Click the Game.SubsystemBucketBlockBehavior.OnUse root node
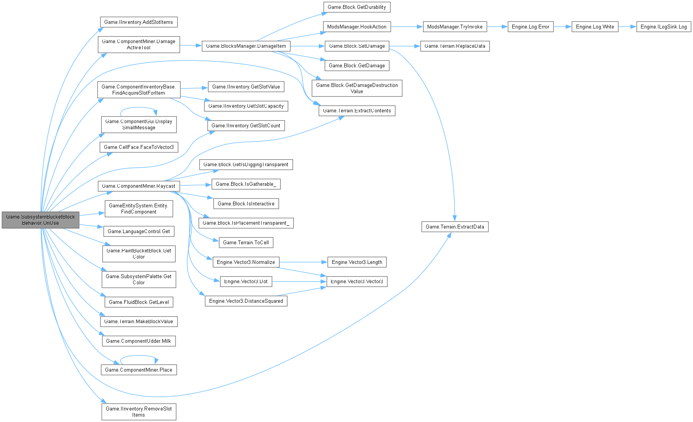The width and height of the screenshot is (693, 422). point(40,220)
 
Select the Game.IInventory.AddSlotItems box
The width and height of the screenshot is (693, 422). point(138,22)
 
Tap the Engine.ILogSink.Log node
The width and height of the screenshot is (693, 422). point(663,27)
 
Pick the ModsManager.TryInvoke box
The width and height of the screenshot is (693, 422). point(455,27)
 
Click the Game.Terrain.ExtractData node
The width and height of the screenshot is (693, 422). point(455,227)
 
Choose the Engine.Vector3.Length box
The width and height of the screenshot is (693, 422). point(357,262)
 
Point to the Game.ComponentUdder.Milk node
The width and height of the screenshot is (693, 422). point(138,341)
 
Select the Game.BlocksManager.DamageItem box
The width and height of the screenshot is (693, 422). point(246,46)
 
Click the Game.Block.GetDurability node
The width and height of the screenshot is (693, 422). point(356,7)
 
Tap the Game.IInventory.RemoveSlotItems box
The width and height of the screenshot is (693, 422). point(138,412)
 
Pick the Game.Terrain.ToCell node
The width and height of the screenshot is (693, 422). point(246,242)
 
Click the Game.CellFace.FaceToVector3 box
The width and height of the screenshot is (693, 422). point(138,147)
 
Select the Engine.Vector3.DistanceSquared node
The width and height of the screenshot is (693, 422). point(246,301)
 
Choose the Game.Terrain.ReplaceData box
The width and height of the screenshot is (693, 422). point(455,46)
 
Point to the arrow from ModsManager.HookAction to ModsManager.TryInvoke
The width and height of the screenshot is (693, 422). point(406,27)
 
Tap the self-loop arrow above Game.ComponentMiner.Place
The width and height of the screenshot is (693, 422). point(138,356)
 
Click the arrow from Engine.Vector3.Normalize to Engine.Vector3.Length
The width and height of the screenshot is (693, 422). point(303,262)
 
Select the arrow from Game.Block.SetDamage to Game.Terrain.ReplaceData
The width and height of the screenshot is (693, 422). point(405,46)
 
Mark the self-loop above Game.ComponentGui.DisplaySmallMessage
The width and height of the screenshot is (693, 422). point(138,108)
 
